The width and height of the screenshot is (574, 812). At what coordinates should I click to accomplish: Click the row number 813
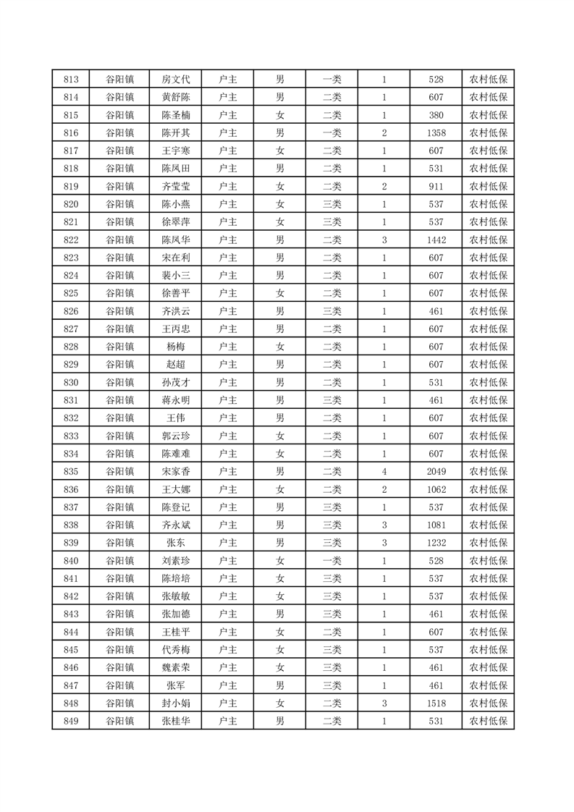[71, 80]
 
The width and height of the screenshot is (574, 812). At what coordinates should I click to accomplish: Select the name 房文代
[176, 80]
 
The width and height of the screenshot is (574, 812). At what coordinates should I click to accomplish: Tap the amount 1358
[436, 133]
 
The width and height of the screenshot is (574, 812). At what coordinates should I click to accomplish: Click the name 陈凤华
[176, 240]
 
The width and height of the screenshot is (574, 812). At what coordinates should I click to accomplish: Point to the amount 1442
[436, 240]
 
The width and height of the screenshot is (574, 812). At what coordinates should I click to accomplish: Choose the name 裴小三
[176, 276]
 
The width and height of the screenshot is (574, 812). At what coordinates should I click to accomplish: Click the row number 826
[71, 311]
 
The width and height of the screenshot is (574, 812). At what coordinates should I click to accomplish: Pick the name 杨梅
[176, 347]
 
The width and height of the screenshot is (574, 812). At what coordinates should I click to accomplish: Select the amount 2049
[436, 471]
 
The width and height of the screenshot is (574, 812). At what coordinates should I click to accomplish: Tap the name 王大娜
[176, 489]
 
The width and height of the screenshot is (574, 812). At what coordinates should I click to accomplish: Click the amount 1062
[436, 489]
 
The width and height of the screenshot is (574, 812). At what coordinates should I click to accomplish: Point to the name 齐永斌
[176, 525]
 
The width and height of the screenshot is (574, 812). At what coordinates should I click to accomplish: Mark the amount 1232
[436, 543]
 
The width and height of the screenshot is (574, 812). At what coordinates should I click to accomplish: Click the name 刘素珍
[176, 560]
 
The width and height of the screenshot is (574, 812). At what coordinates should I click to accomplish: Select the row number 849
[71, 721]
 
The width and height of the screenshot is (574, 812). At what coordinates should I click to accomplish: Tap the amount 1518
[436, 703]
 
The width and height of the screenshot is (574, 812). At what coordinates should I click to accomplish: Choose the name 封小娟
[176, 703]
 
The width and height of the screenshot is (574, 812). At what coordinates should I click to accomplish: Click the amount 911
[436, 187]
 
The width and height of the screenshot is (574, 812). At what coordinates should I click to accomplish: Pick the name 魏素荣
[176, 667]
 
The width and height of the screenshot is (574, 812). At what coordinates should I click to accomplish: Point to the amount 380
[436, 115]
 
